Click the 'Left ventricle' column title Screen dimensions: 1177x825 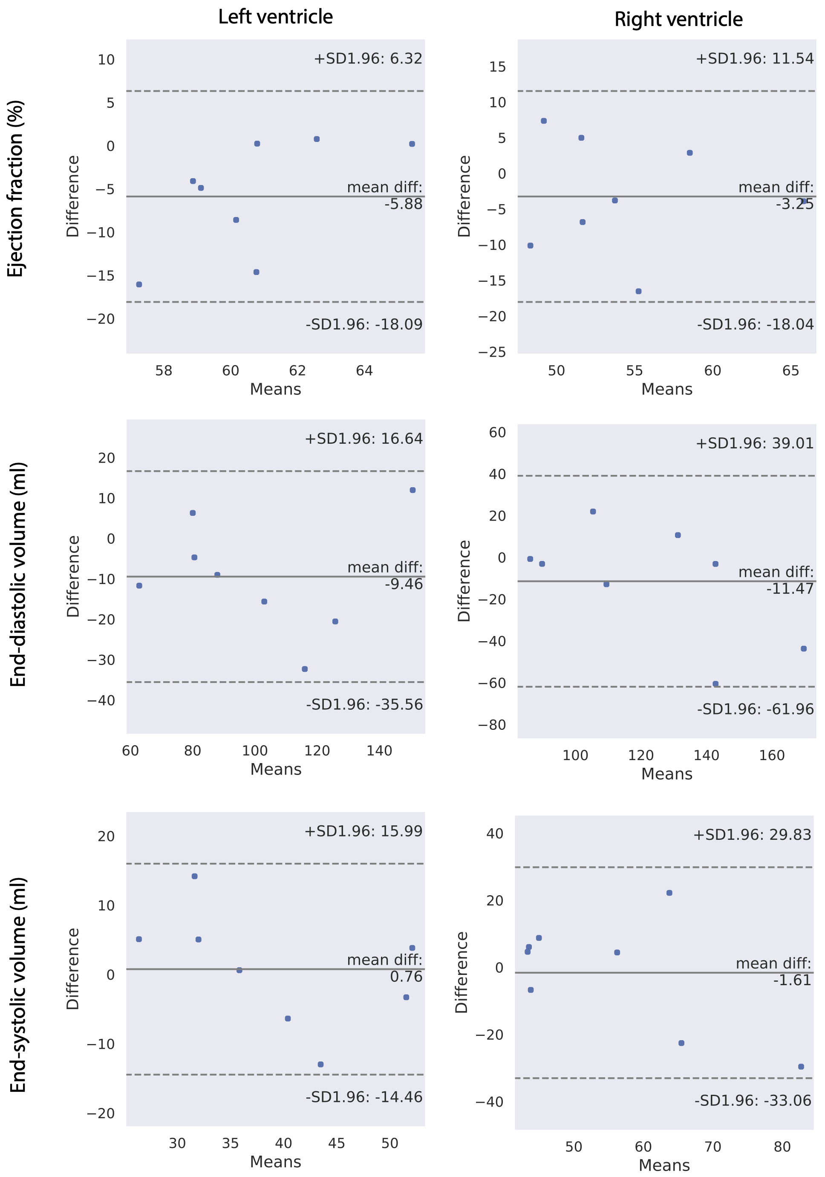[x=275, y=17]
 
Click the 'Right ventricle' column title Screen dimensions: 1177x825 [x=678, y=20]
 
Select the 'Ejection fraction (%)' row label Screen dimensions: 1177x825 [x=16, y=189]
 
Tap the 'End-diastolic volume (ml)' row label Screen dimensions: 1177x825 [x=18, y=574]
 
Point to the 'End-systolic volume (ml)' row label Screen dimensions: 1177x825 [x=18, y=984]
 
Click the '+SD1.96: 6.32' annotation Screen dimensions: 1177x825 [x=367, y=59]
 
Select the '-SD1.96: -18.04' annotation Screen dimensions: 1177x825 [x=755, y=324]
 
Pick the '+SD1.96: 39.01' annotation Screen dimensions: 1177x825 [x=754, y=443]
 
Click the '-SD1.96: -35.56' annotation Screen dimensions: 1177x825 [x=364, y=704]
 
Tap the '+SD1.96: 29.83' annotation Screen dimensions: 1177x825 [x=752, y=835]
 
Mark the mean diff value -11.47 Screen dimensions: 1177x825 [x=790, y=588]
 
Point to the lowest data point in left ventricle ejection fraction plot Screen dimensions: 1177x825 [x=139, y=284]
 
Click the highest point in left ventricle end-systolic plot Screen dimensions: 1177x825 [x=195, y=876]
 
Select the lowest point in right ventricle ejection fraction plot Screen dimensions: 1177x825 [x=638, y=291]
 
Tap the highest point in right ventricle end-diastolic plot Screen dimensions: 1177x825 [x=593, y=512]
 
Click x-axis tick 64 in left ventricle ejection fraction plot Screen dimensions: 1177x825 [x=364, y=370]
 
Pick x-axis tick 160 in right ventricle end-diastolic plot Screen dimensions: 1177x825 [x=772, y=755]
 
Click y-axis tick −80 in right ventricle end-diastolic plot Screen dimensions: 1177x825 [x=492, y=725]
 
